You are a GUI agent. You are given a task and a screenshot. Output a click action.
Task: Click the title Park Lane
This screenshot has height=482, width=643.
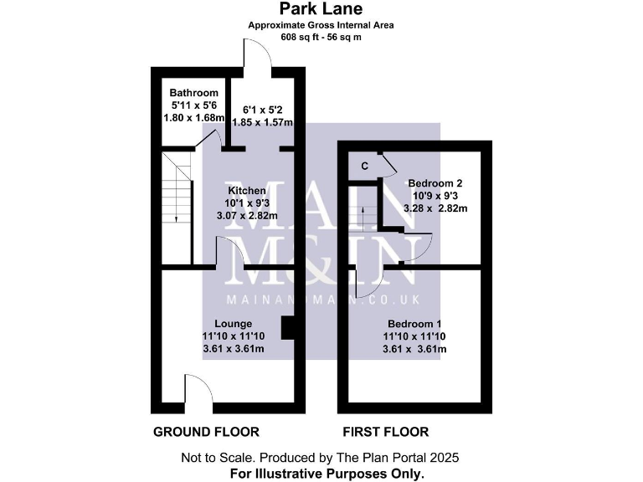click(x=321, y=11)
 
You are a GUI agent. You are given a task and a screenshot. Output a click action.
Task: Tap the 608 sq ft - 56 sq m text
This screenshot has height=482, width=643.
click(x=321, y=38)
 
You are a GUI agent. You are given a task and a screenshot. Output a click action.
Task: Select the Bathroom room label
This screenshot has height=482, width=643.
click(x=193, y=93)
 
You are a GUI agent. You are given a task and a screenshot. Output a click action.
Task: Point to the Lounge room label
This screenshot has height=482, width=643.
click(x=233, y=323)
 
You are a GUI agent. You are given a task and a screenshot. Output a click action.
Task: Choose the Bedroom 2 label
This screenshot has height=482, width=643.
click(x=435, y=183)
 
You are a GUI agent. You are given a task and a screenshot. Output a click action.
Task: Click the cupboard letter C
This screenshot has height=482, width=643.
click(x=364, y=166)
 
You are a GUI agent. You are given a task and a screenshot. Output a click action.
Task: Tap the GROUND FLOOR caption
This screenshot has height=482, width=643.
click(x=206, y=432)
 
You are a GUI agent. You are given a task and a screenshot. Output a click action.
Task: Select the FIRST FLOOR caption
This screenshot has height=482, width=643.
click(x=386, y=432)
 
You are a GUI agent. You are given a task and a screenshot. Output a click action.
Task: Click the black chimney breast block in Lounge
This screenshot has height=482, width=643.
click(x=288, y=328)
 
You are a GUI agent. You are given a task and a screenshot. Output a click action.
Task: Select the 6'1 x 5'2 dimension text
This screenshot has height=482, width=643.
click(x=261, y=110)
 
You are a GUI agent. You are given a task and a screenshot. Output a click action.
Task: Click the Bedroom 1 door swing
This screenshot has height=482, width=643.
click(x=367, y=281)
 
